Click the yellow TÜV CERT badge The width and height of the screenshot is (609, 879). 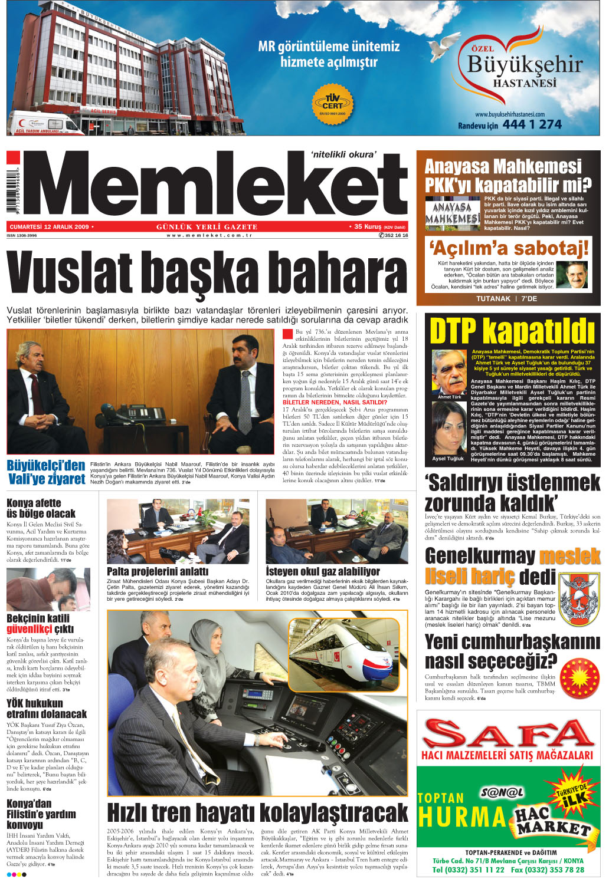tap(332, 103)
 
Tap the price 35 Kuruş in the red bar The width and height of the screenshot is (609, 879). tap(368, 226)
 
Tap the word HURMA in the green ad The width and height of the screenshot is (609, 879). tap(462, 817)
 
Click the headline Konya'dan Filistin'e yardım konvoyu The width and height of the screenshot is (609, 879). tap(41, 814)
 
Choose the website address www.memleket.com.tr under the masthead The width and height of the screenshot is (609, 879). tap(209, 235)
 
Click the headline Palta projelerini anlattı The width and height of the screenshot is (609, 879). tap(157, 571)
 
